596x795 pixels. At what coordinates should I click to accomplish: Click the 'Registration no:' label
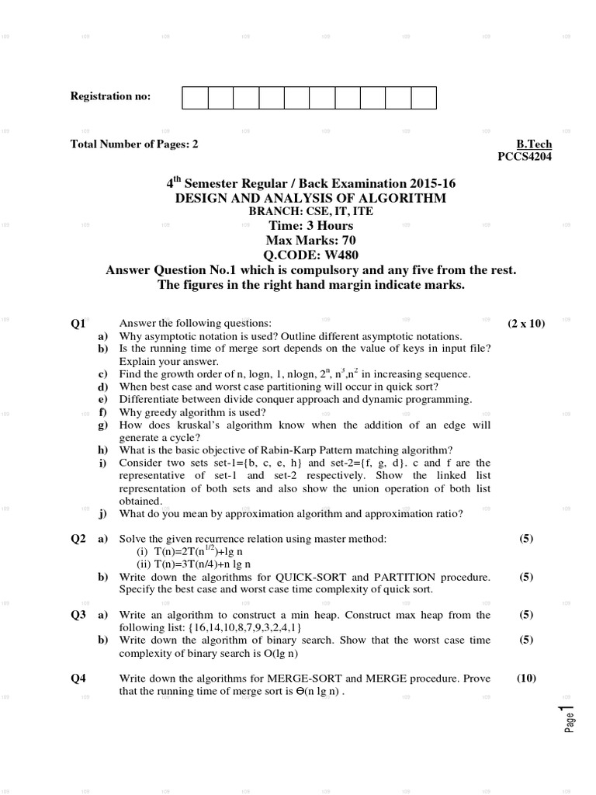click(111, 96)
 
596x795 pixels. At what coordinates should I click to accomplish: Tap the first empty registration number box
click(195, 98)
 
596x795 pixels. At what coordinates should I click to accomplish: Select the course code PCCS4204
click(525, 156)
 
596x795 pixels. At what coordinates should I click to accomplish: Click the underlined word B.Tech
click(533, 144)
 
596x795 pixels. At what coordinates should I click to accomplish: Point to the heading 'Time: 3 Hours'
click(310, 226)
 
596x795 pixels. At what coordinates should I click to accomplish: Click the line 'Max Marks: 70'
click(310, 240)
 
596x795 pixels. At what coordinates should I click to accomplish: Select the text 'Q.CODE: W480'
click(310, 255)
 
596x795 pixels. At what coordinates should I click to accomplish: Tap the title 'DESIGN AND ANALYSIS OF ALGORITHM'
click(310, 199)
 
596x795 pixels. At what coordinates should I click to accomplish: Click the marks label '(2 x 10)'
click(526, 324)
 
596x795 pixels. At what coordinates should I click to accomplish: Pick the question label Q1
click(78, 324)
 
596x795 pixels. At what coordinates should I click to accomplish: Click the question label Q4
click(78, 678)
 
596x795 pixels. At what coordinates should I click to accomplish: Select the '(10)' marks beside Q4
click(526, 678)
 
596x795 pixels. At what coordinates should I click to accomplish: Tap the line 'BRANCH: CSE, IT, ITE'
click(310, 212)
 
